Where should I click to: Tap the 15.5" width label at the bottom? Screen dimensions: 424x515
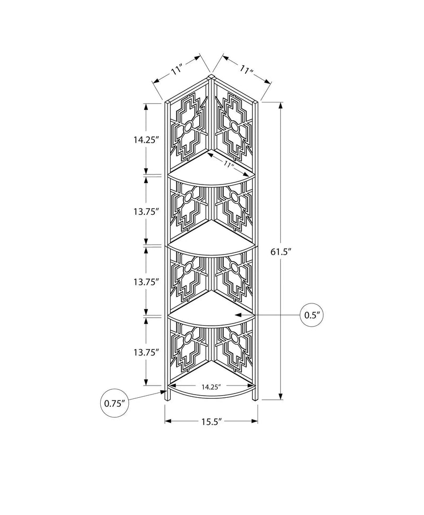click(211, 422)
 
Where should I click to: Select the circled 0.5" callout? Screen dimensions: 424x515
click(312, 315)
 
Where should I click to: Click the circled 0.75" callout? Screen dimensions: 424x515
click(115, 403)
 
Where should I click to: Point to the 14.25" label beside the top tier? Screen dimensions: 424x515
click(146, 140)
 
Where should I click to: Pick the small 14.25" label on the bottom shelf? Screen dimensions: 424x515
click(211, 387)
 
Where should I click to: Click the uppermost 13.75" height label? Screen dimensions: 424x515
click(146, 212)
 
